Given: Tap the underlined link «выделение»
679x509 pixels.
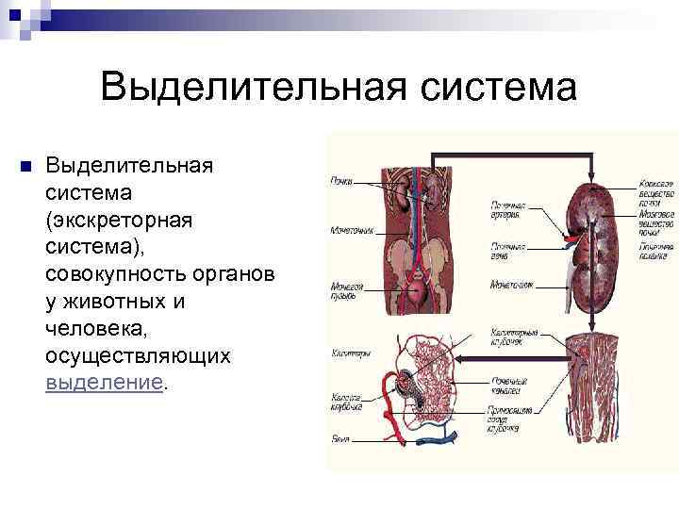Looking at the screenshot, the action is tap(105, 384).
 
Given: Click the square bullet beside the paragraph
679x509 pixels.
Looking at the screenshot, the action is tap(25, 166).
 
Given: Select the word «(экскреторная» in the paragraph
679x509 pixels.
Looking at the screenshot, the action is tap(119, 220).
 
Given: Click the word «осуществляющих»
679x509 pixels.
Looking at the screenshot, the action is tap(138, 356).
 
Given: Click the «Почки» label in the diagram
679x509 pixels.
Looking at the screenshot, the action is tap(340, 178).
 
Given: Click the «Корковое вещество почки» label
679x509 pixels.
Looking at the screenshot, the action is tap(656, 189).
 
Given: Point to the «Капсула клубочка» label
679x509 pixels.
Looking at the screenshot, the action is tap(346, 402).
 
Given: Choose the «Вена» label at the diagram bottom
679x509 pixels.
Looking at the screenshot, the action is tap(339, 437).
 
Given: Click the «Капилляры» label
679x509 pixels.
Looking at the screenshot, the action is tap(349, 353).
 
